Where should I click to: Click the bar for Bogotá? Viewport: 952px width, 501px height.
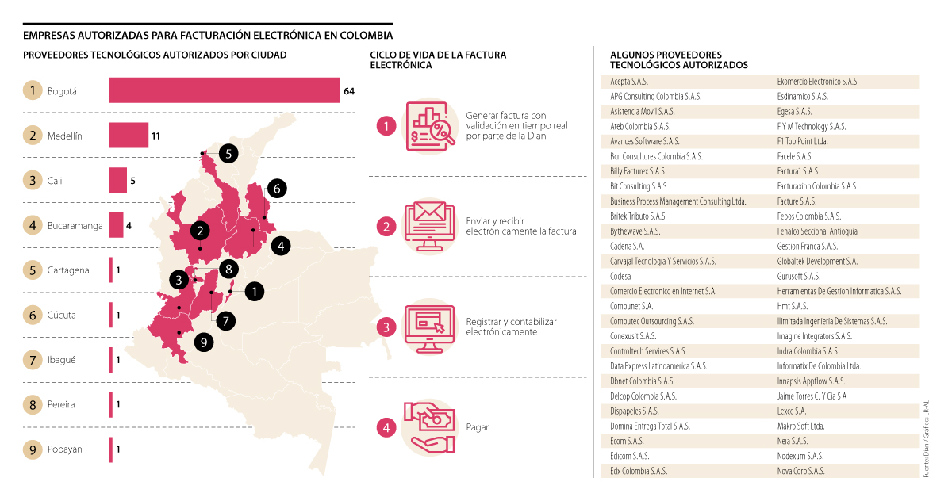coord(224,90)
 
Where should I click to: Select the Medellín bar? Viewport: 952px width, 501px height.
coord(128,136)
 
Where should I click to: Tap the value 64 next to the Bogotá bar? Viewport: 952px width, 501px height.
coord(349,91)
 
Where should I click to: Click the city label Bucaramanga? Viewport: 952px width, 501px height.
coord(75,226)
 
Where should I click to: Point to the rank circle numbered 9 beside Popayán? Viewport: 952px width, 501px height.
coord(33,449)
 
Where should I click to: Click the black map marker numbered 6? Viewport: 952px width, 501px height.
coord(276,189)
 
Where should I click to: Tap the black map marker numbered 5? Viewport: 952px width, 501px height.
coord(228,154)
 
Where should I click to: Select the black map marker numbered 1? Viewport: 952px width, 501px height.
coord(254,292)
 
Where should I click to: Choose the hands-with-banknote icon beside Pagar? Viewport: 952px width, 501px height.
coord(430,427)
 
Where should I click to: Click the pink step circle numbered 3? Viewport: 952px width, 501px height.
coord(386,327)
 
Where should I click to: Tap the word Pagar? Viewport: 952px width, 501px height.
coord(478,427)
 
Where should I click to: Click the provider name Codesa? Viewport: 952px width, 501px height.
coord(621,276)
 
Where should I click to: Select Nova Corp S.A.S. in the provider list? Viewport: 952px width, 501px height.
coord(801,471)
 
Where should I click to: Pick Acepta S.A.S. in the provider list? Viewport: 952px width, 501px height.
coord(630,82)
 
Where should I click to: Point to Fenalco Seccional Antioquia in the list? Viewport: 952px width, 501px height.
coord(817,231)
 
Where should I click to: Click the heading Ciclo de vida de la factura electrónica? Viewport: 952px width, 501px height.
coord(438,60)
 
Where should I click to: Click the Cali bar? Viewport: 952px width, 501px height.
coord(117,181)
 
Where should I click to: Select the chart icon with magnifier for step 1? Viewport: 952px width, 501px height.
coord(430,125)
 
